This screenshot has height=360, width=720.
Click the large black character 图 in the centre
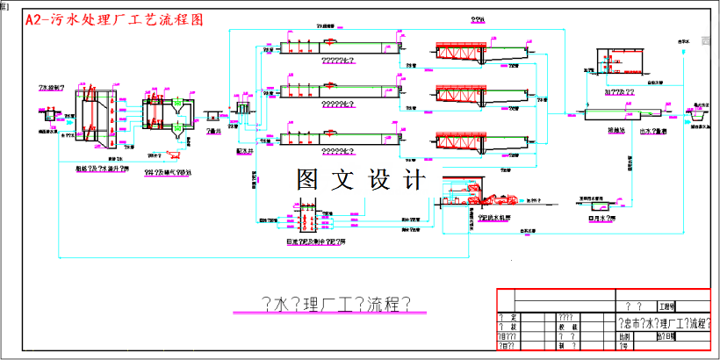pos(313,180)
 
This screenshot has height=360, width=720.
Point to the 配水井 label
pos(245,150)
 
